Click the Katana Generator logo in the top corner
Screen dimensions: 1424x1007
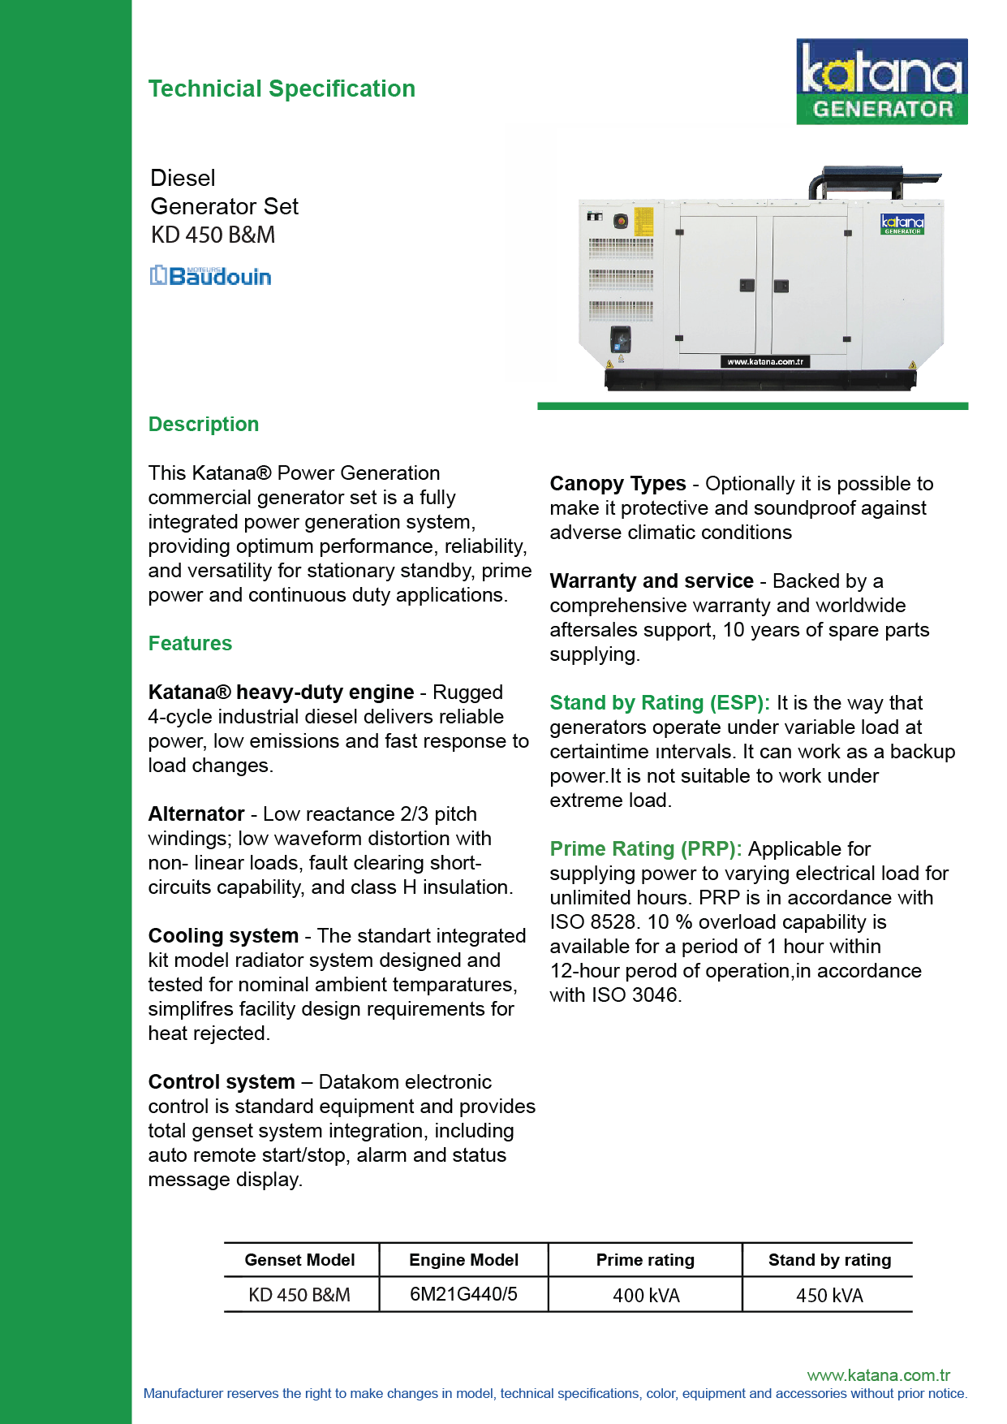click(881, 81)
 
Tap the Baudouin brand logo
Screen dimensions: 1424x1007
click(211, 276)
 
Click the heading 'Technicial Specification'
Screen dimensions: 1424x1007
click(282, 88)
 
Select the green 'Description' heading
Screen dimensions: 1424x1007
click(204, 424)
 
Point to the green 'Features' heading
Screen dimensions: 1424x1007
click(190, 643)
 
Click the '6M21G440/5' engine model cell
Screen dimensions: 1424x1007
click(463, 1294)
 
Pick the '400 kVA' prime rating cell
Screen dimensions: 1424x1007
click(646, 1295)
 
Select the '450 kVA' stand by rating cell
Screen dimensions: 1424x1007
click(829, 1295)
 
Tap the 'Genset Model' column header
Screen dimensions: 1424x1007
click(299, 1260)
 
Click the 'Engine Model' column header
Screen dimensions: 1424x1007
click(463, 1260)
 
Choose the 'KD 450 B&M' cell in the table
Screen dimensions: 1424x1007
click(299, 1295)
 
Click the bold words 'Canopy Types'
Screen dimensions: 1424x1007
click(618, 484)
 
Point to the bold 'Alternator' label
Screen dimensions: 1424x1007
click(196, 813)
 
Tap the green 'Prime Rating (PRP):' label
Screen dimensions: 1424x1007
click(645, 848)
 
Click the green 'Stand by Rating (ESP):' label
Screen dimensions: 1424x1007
click(659, 702)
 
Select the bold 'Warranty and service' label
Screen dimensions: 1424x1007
click(652, 581)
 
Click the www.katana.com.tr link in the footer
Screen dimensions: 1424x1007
click(878, 1375)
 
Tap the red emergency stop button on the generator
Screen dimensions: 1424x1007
click(621, 221)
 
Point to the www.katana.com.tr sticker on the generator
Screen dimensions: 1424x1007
click(765, 362)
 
